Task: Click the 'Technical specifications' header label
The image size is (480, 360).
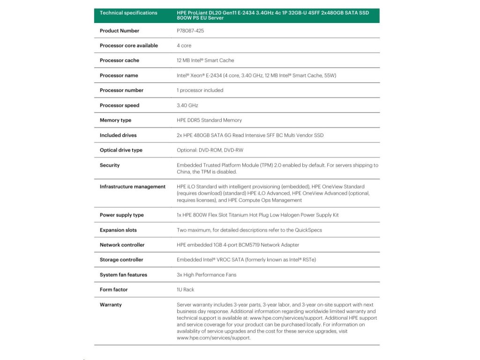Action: pos(128,13)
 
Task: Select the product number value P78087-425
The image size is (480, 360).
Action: pos(190,30)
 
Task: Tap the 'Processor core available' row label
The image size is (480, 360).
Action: pos(128,45)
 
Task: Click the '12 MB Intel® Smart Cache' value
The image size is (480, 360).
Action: pos(205,60)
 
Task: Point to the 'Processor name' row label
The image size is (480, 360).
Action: pos(119,75)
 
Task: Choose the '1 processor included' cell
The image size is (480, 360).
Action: pos(200,90)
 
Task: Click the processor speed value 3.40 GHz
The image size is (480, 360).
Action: pos(187,105)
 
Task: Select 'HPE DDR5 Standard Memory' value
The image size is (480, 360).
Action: pos(209,120)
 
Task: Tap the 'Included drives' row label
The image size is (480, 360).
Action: pos(118,135)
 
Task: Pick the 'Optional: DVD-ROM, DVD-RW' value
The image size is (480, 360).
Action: pos(210,150)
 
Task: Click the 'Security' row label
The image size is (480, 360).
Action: pos(110,165)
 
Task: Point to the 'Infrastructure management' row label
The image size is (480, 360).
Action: pos(132,187)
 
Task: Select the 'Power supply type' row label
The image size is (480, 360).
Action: pos(121,215)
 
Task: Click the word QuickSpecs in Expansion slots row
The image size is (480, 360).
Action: pos(308,230)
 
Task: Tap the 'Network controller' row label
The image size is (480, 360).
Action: pos(122,245)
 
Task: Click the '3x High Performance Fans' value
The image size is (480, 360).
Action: pos(206,275)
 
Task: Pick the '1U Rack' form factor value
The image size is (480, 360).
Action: pos(185,290)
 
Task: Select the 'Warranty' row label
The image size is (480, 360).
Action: pos(111,305)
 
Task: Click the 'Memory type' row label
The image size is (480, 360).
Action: pos(115,120)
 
